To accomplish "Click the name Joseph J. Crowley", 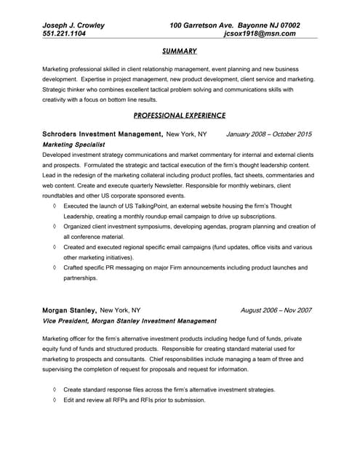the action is tap(73, 25).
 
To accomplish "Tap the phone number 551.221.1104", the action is tap(65, 34).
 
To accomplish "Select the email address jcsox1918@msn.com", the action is tap(260, 34).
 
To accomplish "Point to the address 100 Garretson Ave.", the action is tap(203, 25).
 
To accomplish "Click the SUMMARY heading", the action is tap(180, 52).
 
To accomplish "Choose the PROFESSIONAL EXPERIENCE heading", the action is tap(180, 116).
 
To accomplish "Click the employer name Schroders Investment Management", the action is tap(103, 134).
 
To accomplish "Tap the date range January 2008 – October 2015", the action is tap(269, 134).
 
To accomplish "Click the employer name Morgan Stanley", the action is tap(69, 310).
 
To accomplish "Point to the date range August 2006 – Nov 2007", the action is tap(276, 310).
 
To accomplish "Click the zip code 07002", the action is tap(288, 25).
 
